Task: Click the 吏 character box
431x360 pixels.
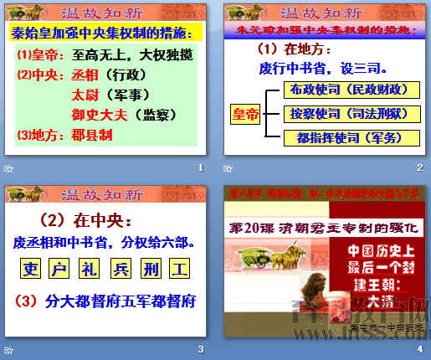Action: coord(31,270)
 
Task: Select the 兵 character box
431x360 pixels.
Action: coord(117,270)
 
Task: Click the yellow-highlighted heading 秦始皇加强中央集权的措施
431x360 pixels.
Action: coord(108,33)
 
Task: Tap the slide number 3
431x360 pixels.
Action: coord(199,349)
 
